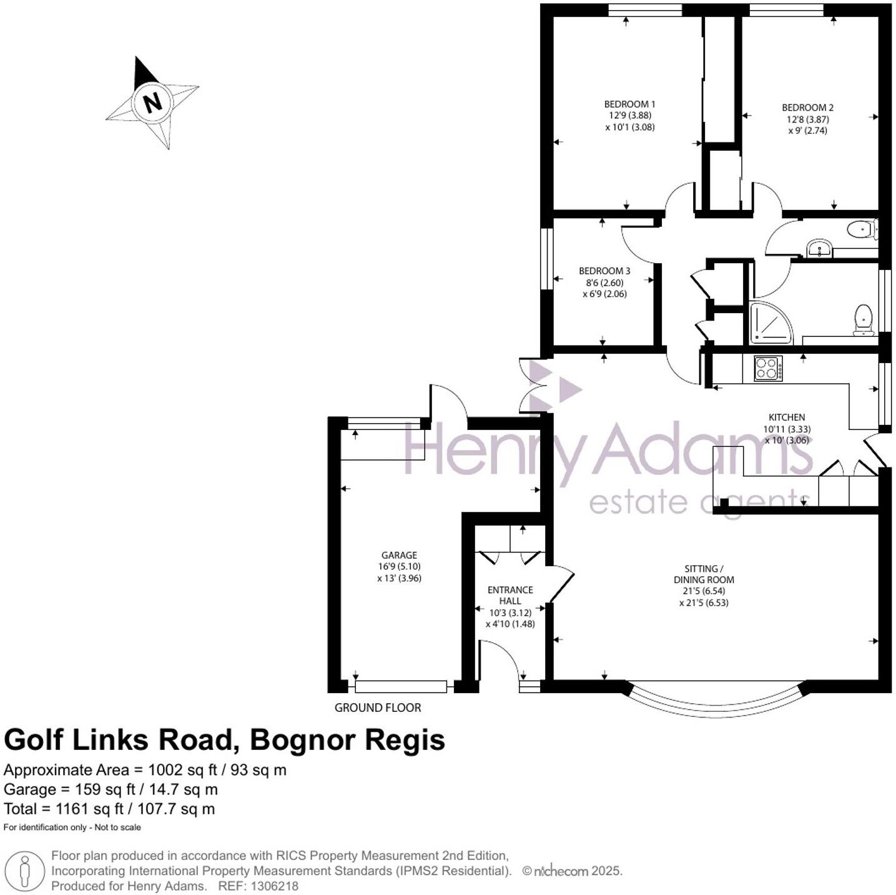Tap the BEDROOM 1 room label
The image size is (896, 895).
[x=629, y=104]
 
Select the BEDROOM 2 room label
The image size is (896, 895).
[x=807, y=107]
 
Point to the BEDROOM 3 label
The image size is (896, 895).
[x=604, y=271]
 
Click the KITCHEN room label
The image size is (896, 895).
[x=786, y=417]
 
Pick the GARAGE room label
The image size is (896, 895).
[x=399, y=555]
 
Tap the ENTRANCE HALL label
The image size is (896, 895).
[x=510, y=595]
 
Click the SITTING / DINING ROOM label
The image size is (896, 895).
[x=704, y=574]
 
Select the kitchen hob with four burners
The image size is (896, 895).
[x=767, y=368]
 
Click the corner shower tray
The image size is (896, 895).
[x=769, y=323]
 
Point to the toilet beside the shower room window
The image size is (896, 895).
[x=863, y=319]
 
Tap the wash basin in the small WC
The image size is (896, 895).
[x=819, y=248]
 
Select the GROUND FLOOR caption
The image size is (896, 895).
[x=378, y=707]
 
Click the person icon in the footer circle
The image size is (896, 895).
[x=24, y=871]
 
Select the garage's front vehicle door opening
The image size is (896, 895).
[x=401, y=686]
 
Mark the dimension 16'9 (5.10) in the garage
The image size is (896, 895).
[x=399, y=566]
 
